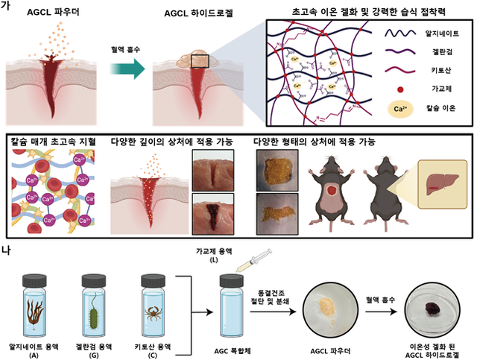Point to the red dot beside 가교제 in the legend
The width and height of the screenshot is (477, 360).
(402, 89)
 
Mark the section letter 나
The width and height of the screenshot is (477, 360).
(6, 252)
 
